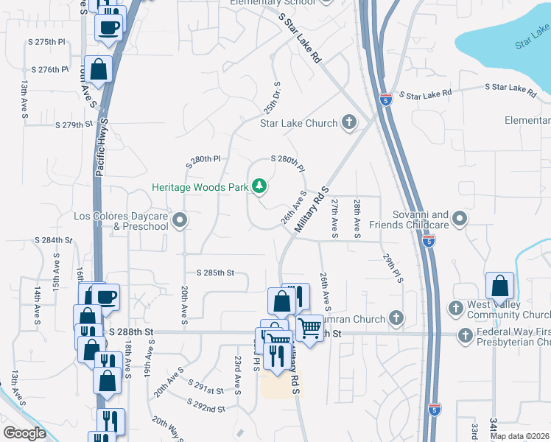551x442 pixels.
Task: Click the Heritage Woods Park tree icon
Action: (259, 186)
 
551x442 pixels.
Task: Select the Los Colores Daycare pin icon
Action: (179, 220)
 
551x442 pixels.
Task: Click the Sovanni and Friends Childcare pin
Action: (460, 218)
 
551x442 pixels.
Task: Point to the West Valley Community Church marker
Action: (455, 306)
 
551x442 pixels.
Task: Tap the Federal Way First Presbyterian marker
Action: (465, 336)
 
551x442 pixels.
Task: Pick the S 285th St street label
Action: (210, 273)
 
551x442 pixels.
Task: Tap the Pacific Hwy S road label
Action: (102, 147)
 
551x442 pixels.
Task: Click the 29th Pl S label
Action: (393, 269)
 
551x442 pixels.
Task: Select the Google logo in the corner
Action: (24, 433)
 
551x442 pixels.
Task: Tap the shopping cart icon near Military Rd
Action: (310, 326)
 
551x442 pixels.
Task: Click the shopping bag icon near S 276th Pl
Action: (98, 70)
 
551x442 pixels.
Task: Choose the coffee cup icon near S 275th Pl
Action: (110, 27)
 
